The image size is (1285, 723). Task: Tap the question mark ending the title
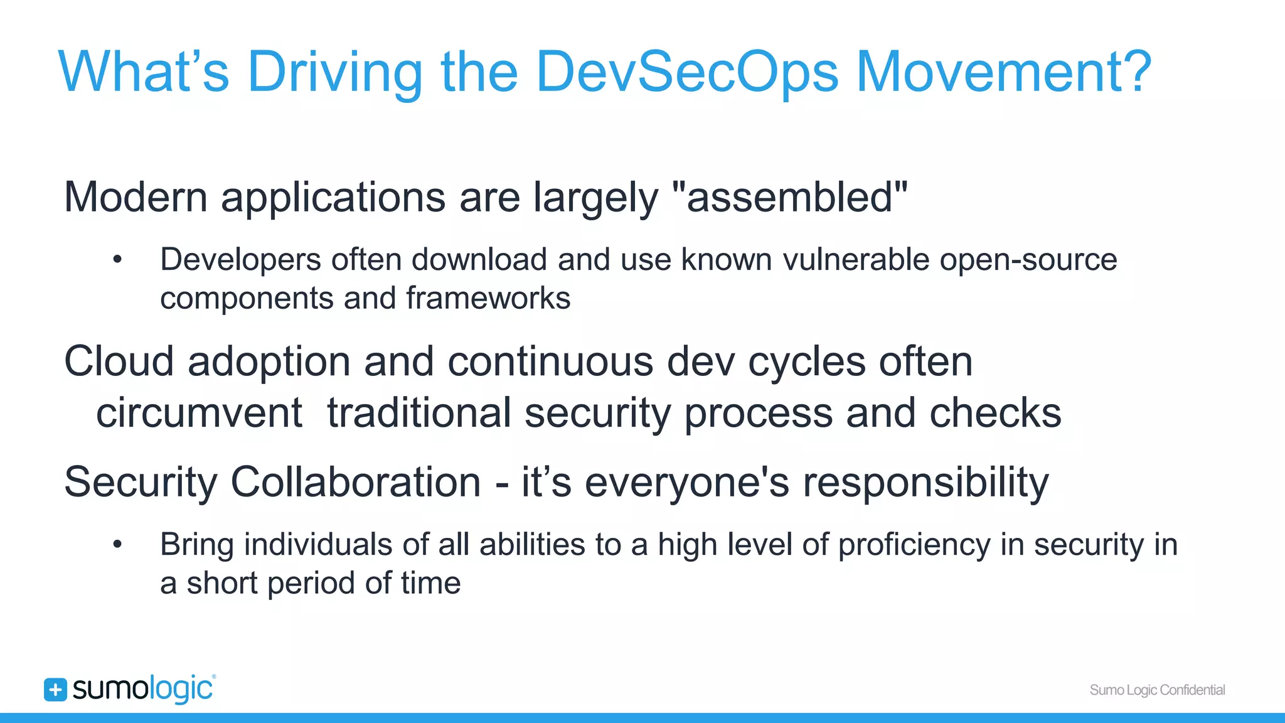pos(1134,72)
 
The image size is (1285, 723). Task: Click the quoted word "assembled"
pos(789,197)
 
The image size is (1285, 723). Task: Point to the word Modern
pos(136,197)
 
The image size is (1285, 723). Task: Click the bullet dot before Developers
pos(117,260)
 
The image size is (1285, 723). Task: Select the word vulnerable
pos(856,260)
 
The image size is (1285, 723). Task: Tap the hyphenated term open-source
pos(1028,260)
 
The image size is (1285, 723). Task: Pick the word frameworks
pos(488,298)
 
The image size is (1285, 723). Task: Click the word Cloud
pos(119,362)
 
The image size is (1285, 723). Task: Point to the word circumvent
pos(199,414)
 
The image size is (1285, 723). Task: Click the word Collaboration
pos(355,483)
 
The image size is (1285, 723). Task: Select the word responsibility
pos(925,483)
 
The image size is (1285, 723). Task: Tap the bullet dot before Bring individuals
pos(117,545)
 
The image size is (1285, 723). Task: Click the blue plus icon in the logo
pos(55,690)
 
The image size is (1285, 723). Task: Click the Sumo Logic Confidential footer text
pos(1157,690)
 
